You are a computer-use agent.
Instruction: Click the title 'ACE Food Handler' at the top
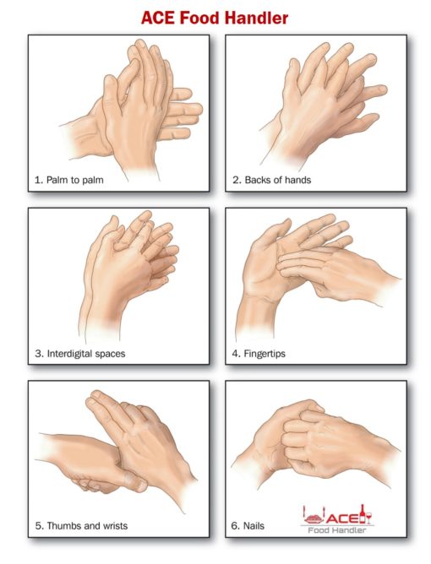click(x=216, y=18)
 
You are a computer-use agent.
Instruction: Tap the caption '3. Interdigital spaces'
click(x=80, y=353)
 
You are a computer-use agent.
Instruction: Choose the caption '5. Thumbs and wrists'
click(x=81, y=526)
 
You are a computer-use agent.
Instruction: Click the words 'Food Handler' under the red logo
click(x=338, y=530)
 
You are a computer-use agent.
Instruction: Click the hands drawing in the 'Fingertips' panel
click(x=313, y=270)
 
